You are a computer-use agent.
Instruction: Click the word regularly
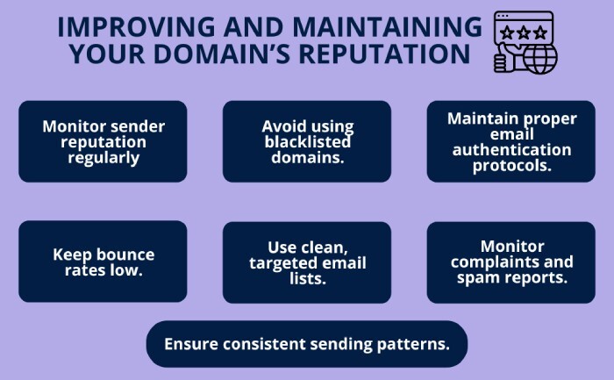point(103,158)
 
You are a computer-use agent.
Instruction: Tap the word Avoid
point(282,125)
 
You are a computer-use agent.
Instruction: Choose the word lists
point(306,278)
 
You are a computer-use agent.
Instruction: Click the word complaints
point(510,262)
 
